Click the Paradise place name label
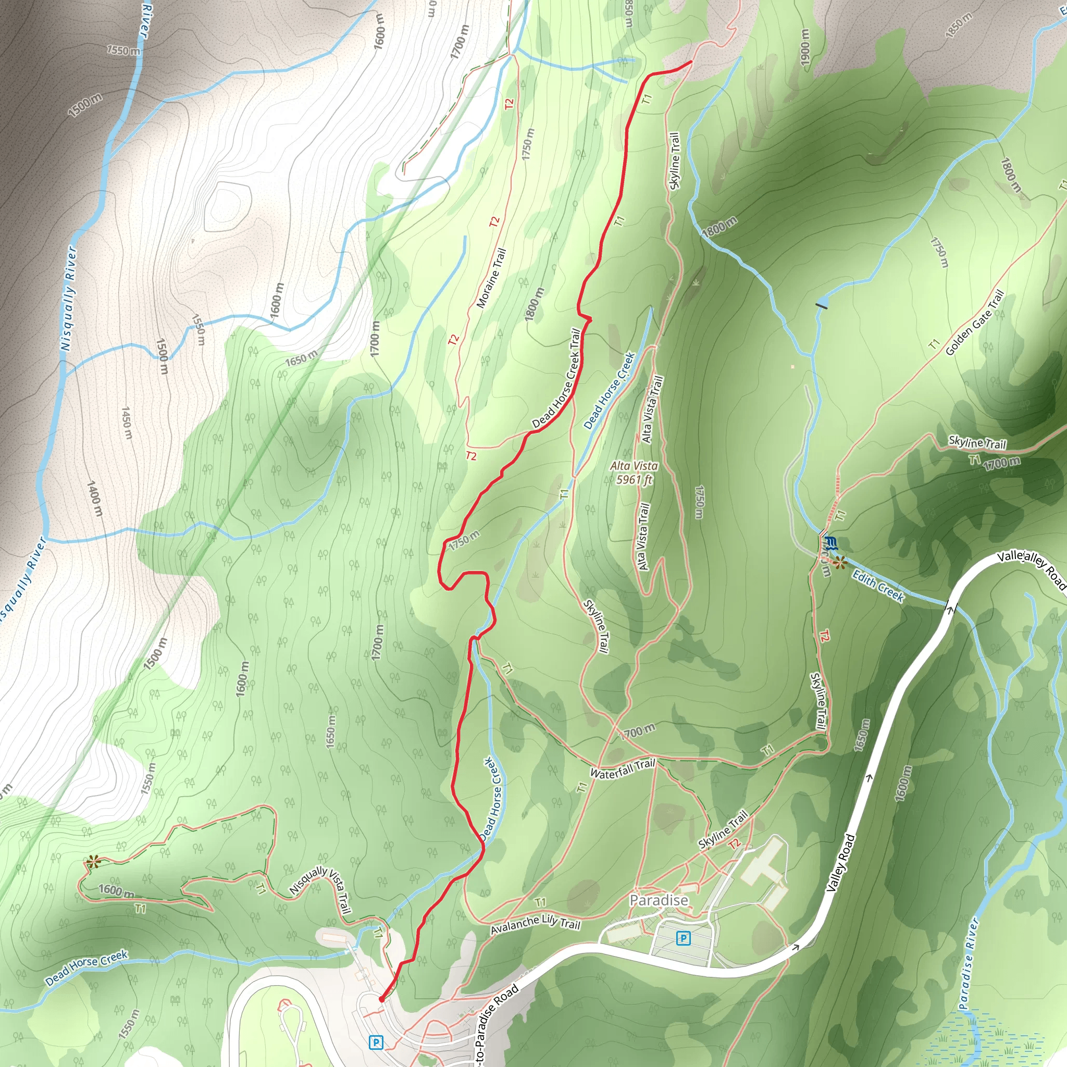(x=659, y=901)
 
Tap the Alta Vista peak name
(x=634, y=466)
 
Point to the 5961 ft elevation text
(x=634, y=480)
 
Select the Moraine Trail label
(x=491, y=278)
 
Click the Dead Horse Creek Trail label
(x=557, y=379)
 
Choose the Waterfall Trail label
(x=622, y=769)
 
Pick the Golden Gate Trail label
(x=975, y=323)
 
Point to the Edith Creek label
(x=878, y=586)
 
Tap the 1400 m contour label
(x=94, y=499)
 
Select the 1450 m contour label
(x=127, y=423)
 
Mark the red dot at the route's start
(x=381, y=999)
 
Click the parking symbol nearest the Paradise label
(x=684, y=938)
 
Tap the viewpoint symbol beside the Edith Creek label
(x=840, y=563)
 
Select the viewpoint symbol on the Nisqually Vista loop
(x=92, y=861)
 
